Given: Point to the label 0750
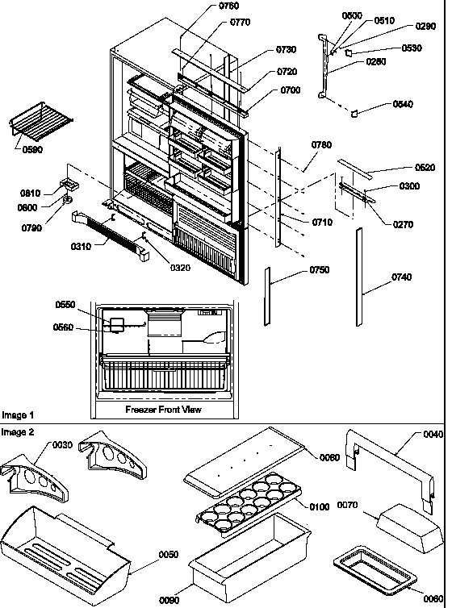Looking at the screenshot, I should click(319, 270).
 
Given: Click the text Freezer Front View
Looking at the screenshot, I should click(164, 410).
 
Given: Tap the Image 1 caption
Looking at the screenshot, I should click(18, 415).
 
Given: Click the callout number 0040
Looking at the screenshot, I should click(433, 434).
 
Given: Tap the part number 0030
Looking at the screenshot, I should click(63, 444).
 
